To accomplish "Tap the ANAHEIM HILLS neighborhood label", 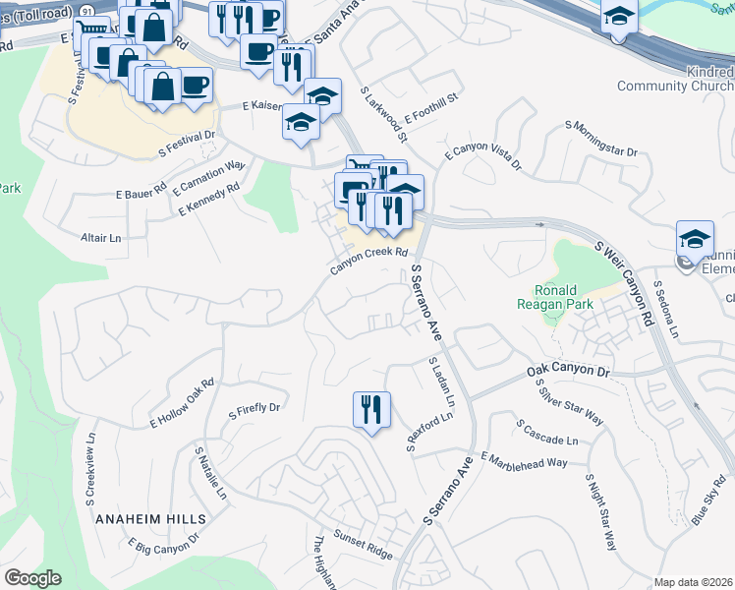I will coord(150,518).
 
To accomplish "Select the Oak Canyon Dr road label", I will coord(568,372).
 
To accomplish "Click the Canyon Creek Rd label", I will coord(368,254).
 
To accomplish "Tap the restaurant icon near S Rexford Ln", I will coord(371,408).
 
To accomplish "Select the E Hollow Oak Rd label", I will coord(182,404).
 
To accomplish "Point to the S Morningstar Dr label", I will coord(601,139).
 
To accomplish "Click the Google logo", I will coord(32,578).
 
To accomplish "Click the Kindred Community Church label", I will coord(675,80).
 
